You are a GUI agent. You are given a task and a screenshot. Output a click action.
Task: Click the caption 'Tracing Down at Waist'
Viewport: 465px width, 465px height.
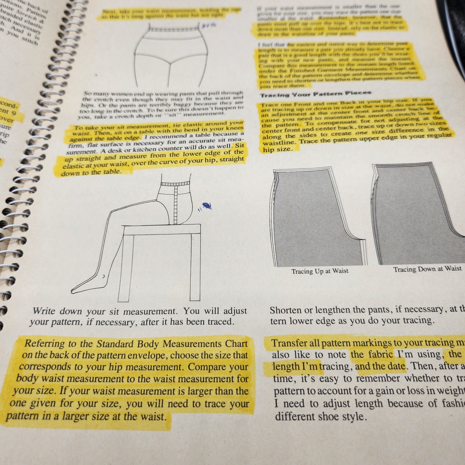click(x=427, y=269)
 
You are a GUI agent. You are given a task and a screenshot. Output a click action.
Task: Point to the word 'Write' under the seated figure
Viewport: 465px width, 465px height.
click(x=44, y=311)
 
